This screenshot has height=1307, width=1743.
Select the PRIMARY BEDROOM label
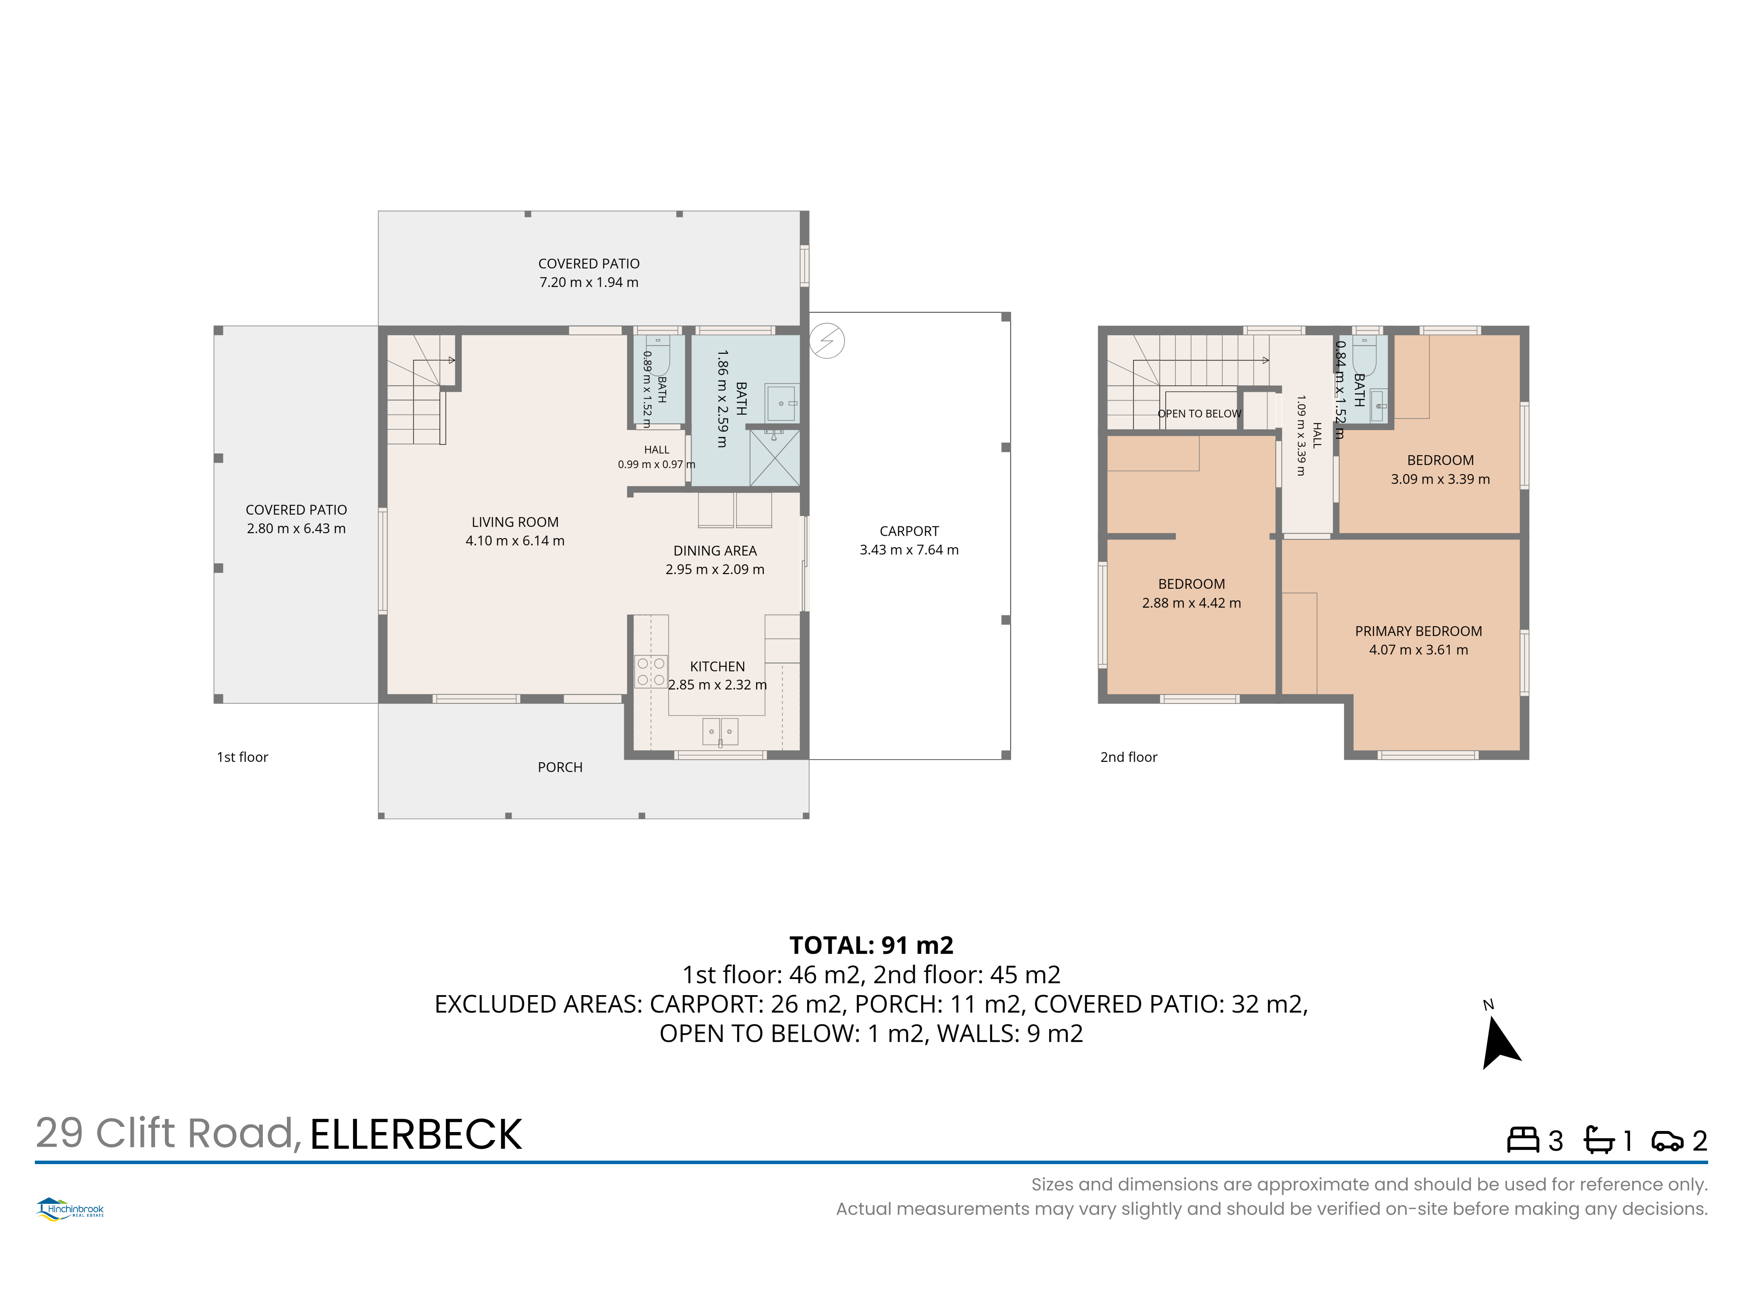point(1418,631)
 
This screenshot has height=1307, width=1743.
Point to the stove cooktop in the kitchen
point(651,671)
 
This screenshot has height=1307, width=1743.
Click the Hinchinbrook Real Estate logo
point(70,1209)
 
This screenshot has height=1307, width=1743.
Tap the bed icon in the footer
point(1522,1140)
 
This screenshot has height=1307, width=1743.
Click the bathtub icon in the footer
point(1599,1140)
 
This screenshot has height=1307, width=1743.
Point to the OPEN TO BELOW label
point(1198,414)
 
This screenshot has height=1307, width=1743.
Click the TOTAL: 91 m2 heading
point(871,945)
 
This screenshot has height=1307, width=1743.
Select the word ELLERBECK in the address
point(416,1134)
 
